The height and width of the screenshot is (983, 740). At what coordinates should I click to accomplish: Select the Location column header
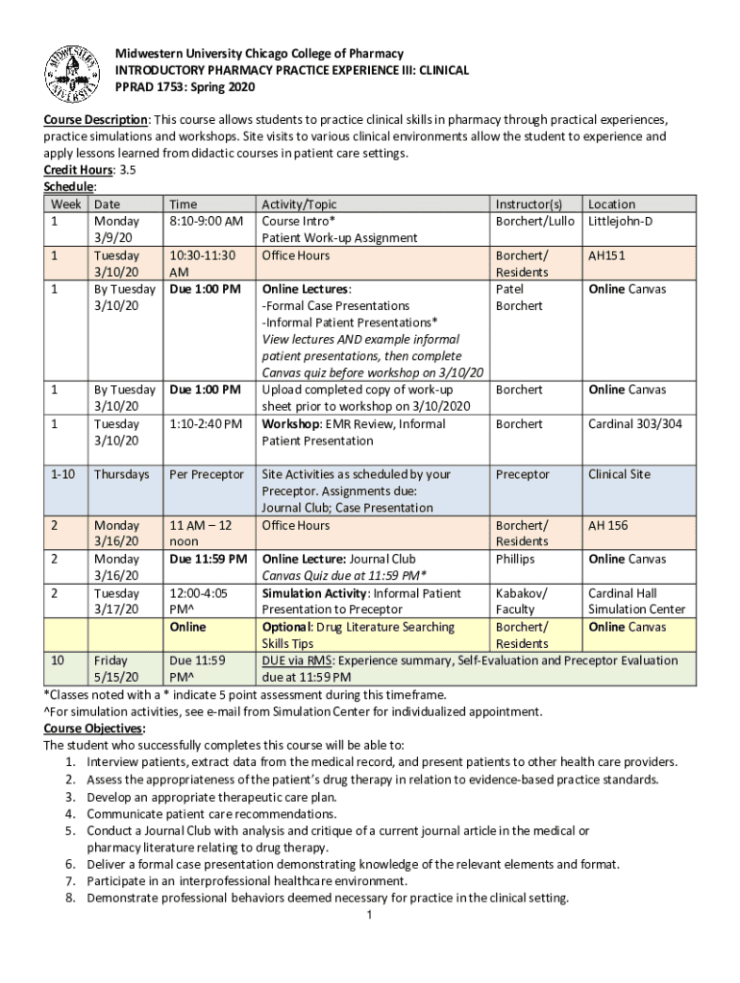pyautogui.click(x=611, y=204)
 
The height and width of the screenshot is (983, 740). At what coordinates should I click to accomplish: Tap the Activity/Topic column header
pyautogui.click(x=299, y=204)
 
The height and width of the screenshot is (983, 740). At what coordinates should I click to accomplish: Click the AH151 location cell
pyautogui.click(x=607, y=255)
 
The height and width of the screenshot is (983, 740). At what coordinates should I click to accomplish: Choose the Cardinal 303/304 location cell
pyautogui.click(x=634, y=423)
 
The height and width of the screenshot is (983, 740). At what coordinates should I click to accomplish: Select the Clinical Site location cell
pyautogui.click(x=619, y=474)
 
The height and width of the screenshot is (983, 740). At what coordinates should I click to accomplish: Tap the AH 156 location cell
pyautogui.click(x=608, y=525)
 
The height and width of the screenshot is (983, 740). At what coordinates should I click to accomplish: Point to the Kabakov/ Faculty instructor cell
pyautogui.click(x=522, y=601)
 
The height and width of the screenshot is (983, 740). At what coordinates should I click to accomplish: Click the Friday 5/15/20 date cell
pyautogui.click(x=113, y=669)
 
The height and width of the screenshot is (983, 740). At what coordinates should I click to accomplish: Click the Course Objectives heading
pyautogui.click(x=93, y=728)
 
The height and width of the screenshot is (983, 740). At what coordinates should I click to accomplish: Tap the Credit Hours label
pyautogui.click(x=77, y=169)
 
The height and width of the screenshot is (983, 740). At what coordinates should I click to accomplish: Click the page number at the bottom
pyautogui.click(x=370, y=915)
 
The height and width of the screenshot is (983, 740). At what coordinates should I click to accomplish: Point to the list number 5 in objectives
pyautogui.click(x=72, y=830)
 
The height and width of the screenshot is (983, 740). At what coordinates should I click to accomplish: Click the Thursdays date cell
pyautogui.click(x=122, y=474)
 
